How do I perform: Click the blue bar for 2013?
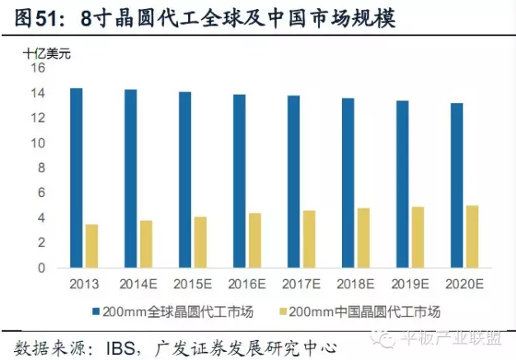pyautogui.click(x=76, y=178)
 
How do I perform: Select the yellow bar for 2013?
pyautogui.click(x=91, y=246)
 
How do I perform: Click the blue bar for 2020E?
pyautogui.click(x=456, y=185)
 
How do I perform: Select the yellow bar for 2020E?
pyautogui.click(x=472, y=236)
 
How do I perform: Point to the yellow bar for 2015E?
pyautogui.click(x=200, y=242)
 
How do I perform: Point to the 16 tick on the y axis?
pyautogui.click(x=38, y=68)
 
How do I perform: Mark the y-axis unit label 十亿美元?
pyautogui.click(x=44, y=52)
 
